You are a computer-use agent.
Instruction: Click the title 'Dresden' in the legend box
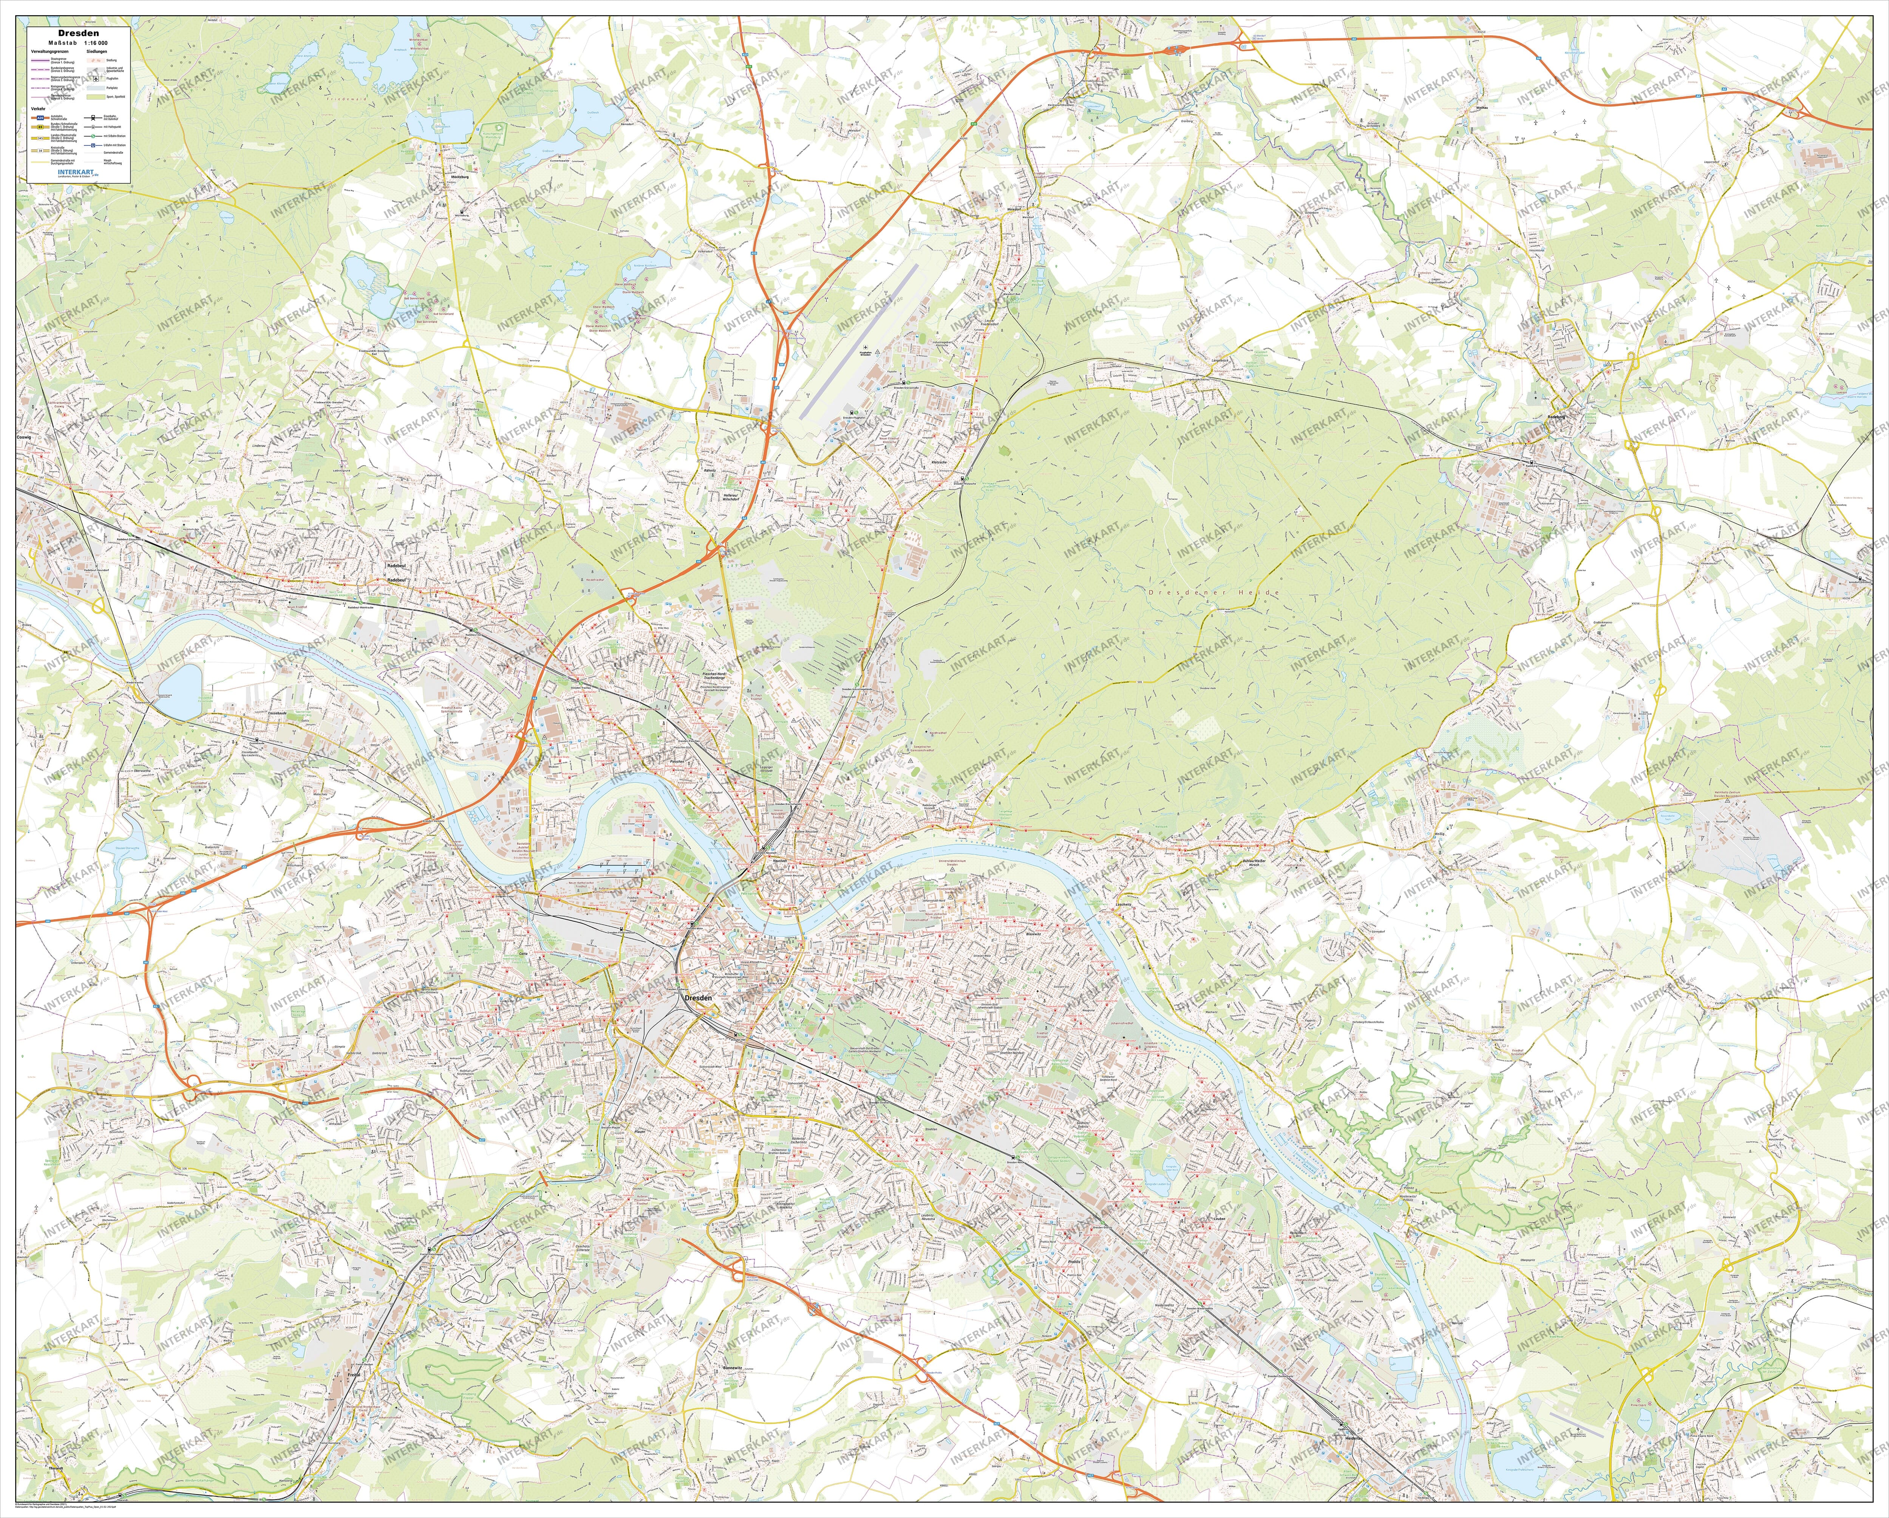pos(79,33)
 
